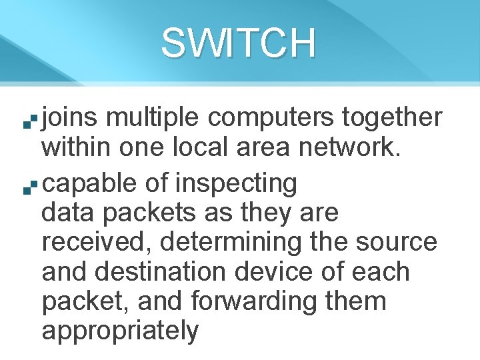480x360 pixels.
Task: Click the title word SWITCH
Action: [238, 43]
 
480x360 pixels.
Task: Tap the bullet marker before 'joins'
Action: [26, 123]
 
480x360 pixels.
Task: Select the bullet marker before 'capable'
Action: [26, 189]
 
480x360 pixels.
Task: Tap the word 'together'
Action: [392, 118]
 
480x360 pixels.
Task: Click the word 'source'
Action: [397, 243]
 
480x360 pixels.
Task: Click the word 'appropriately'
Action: [120, 331]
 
